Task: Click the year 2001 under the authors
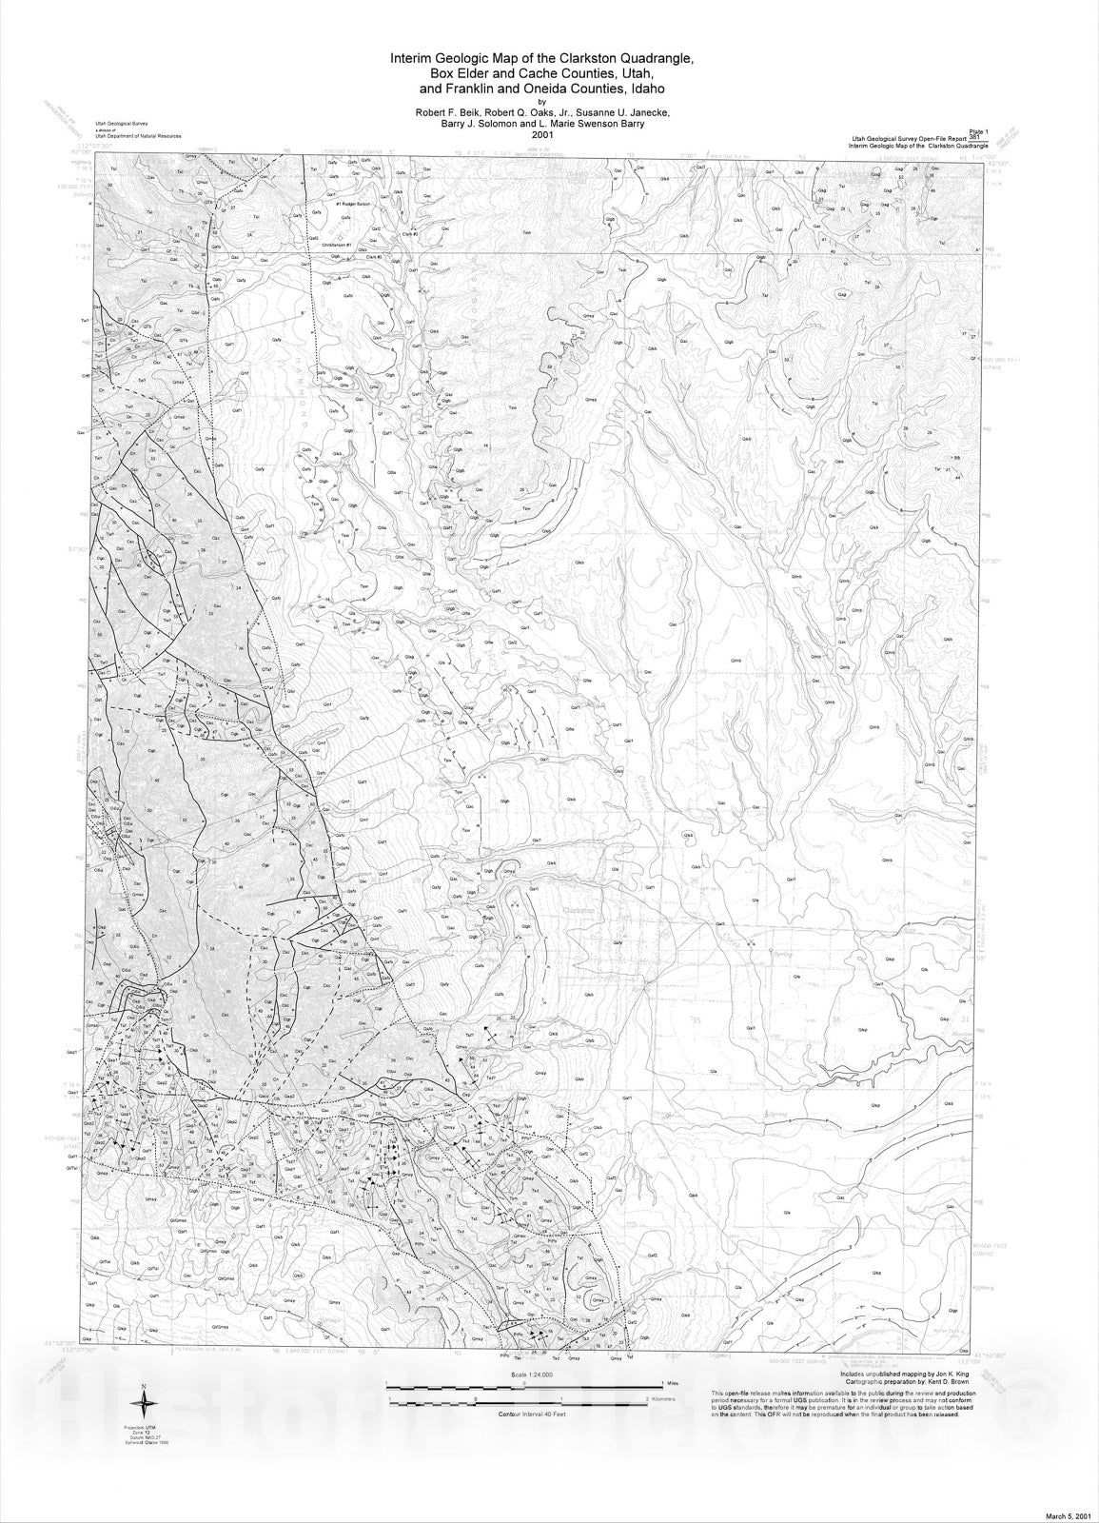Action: click(542, 134)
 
